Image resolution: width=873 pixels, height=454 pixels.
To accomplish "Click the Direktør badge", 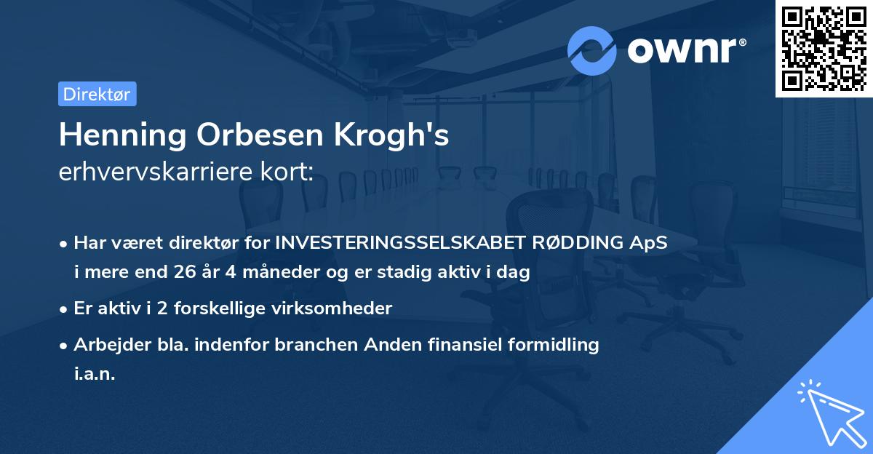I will point(97,94).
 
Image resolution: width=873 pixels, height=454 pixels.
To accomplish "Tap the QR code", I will point(824,48).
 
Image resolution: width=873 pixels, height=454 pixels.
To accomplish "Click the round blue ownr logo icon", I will point(592,50).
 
